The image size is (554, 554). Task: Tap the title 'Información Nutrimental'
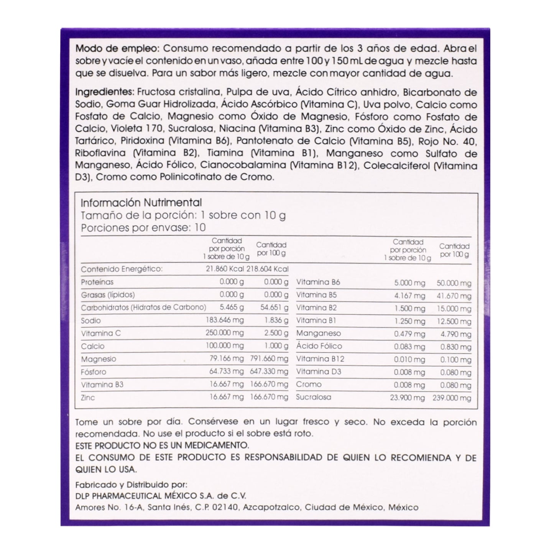pos(141,202)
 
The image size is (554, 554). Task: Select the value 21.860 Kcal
pos(225,269)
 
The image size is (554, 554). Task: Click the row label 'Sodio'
pos(91,321)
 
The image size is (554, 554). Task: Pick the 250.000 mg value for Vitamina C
pos(224,333)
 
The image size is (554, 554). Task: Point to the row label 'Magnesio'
pos(99,359)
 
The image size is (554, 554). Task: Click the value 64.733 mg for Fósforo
pos(226,372)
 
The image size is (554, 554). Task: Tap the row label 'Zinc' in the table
pos(88,398)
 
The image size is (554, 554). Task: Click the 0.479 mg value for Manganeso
pos(409,334)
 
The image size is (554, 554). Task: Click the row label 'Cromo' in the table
pos(309,385)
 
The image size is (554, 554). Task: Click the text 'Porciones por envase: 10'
pos(143,228)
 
